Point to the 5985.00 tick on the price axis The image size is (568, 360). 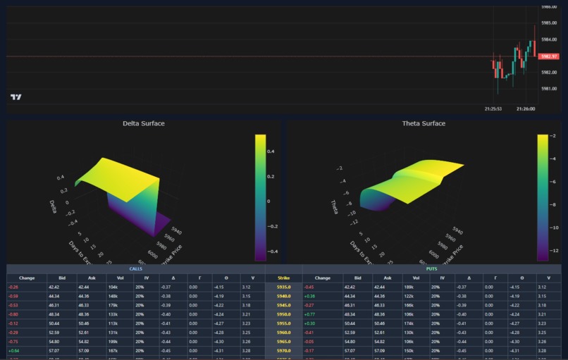(x=548, y=23)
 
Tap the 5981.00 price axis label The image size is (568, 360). (x=548, y=89)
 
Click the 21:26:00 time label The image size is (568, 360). (x=525, y=108)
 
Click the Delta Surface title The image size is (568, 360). (x=144, y=123)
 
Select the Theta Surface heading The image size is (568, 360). (x=424, y=123)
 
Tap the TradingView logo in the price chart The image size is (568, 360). (x=16, y=97)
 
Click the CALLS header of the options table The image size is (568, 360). (x=135, y=268)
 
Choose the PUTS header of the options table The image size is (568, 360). (x=431, y=268)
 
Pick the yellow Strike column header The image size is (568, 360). (x=283, y=278)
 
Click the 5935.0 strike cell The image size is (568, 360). (x=283, y=287)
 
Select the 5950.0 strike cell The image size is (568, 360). (x=283, y=313)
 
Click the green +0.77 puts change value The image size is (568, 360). (x=309, y=313)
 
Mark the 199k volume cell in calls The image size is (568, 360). (x=113, y=340)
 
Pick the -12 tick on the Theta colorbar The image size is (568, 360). (x=554, y=249)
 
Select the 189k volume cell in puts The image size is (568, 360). (x=409, y=287)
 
